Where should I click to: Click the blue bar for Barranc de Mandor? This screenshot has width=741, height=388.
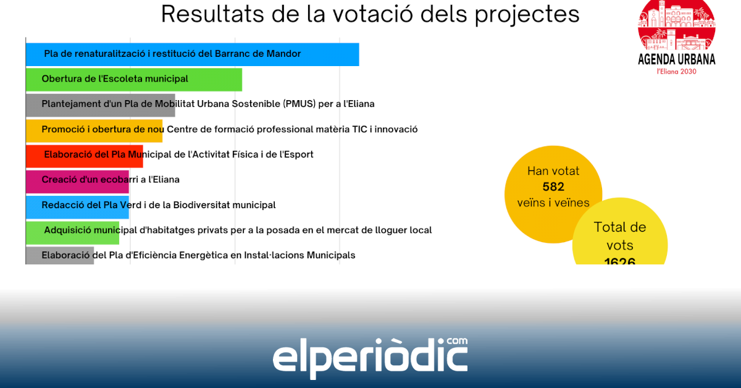coord(193,54)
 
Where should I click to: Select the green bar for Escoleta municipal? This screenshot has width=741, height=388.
coord(134,80)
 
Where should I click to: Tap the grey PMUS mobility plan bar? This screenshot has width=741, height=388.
coord(101,105)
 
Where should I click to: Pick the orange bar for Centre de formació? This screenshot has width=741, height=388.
coord(94,130)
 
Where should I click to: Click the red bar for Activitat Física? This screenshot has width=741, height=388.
coord(85,156)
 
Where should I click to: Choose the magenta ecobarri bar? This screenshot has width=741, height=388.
coord(77,182)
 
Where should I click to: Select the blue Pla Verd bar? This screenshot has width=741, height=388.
coord(77,207)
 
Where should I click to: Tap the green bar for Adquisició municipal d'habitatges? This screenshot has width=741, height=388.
coord(72,232)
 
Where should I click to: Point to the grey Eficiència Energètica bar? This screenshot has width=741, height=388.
coord(60,255)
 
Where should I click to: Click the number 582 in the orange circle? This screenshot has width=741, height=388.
coord(553,187)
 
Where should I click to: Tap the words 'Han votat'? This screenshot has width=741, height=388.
coord(553,171)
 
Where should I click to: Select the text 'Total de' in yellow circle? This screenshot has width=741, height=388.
coord(620,227)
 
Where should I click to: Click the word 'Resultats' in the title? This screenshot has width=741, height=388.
coord(212,14)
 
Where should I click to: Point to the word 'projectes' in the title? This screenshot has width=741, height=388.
coord(527,15)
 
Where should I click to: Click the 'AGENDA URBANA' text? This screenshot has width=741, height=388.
coord(677,59)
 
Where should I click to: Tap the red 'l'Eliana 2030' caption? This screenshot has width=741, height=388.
coord(677,72)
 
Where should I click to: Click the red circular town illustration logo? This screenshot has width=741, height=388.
coord(677,25)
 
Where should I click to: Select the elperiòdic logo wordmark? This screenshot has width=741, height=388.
coord(370,358)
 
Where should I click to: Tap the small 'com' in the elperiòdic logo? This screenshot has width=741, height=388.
coord(457,341)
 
